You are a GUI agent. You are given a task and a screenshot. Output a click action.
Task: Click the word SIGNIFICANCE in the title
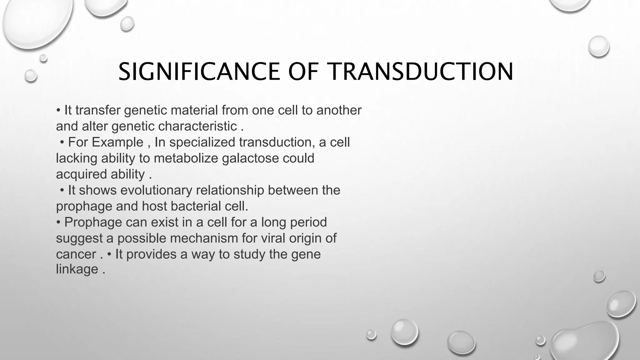click(199, 72)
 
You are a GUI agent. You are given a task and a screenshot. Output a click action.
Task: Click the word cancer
click(76, 255)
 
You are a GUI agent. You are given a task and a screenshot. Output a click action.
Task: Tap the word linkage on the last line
click(77, 269)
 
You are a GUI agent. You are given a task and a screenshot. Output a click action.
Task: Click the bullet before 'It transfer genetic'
click(58, 111)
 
